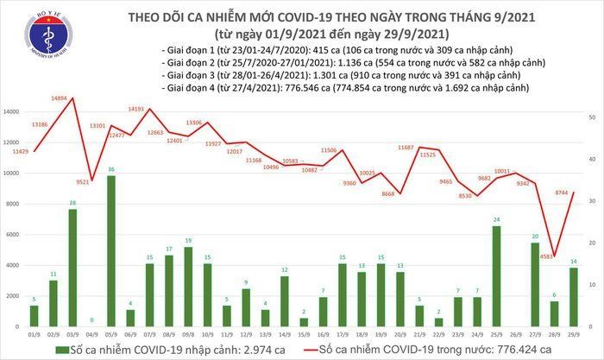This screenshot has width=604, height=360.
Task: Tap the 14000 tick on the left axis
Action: (12, 112)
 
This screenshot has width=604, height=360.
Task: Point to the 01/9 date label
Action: (32, 335)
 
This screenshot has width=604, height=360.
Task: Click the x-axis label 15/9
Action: (305, 335)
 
